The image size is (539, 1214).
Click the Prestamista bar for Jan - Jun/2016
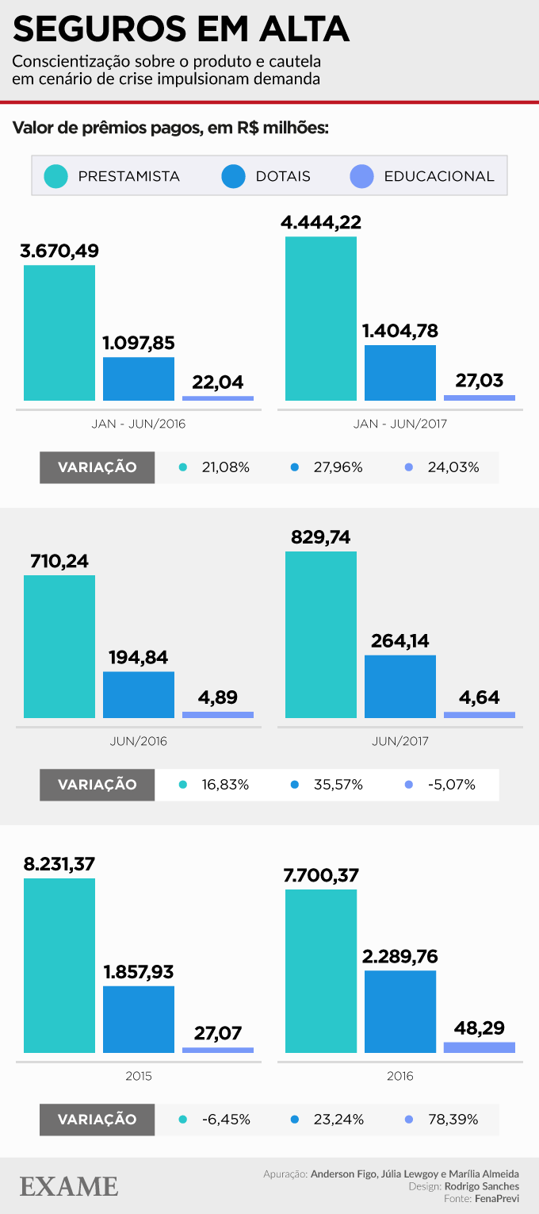click(59, 333)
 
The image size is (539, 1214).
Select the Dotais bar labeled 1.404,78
click(400, 373)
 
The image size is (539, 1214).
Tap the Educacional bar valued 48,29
click(480, 1047)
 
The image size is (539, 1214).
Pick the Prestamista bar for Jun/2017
click(321, 635)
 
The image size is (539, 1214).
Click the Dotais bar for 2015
click(139, 1020)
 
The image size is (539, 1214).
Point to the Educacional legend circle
click(361, 176)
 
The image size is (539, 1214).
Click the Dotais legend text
click(283, 176)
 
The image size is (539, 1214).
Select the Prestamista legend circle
click(56, 176)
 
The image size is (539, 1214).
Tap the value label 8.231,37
click(59, 864)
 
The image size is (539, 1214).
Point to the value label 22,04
click(218, 382)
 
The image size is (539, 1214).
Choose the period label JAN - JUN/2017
click(400, 424)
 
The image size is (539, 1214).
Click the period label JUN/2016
click(139, 741)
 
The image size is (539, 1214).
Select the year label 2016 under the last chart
click(400, 1076)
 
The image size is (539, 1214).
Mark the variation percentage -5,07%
click(451, 785)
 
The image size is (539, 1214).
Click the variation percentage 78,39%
click(453, 1120)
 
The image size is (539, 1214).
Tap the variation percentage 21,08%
click(226, 467)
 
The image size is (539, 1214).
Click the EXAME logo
click(69, 1186)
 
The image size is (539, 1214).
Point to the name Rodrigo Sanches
click(482, 1186)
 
